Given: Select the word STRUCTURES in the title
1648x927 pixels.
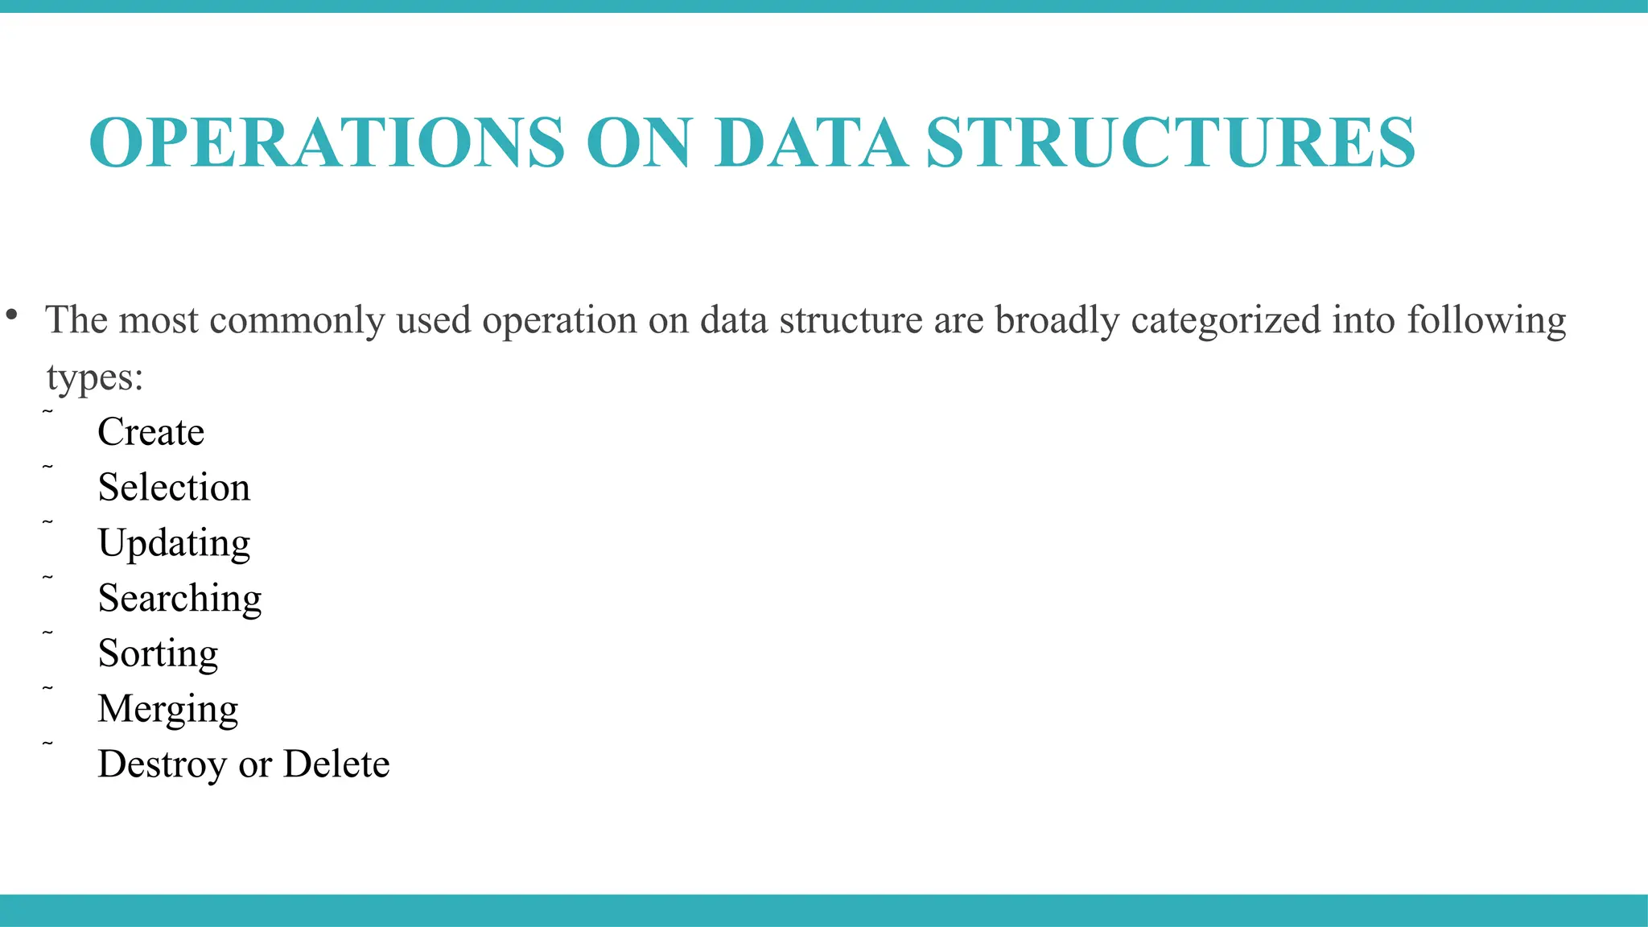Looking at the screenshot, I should [x=1170, y=142].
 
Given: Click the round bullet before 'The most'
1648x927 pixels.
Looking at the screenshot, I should [x=11, y=315].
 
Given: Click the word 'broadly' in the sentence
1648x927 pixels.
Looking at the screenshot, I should [x=1057, y=320].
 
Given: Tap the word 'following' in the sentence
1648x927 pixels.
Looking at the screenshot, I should [x=1486, y=320].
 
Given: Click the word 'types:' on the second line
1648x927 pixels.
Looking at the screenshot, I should [x=95, y=377].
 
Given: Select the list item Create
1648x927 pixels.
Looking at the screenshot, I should [x=151, y=432].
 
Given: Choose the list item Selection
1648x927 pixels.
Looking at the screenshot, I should [x=174, y=488].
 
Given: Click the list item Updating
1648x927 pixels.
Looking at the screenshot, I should [x=174, y=543].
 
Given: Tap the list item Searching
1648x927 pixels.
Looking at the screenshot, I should [x=179, y=599].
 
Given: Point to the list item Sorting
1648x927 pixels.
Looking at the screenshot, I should [x=158, y=653].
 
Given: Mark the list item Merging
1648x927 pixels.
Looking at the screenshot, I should [x=168, y=709].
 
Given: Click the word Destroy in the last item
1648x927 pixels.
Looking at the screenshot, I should [x=162, y=764].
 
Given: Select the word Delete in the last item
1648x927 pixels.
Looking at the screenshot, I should [x=336, y=764].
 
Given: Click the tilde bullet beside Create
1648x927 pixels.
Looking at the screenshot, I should [x=47, y=412].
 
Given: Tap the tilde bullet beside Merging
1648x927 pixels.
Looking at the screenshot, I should [x=47, y=689].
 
